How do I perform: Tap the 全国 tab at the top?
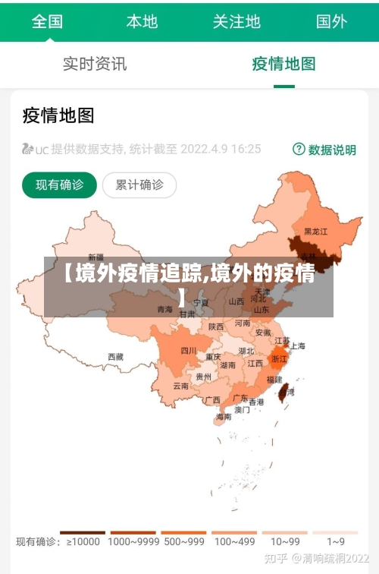47,21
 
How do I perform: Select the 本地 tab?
142,21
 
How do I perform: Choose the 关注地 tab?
236,21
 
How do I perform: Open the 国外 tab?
331,21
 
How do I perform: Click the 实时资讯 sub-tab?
95,65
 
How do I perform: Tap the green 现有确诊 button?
60,184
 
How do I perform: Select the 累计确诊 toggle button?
139,184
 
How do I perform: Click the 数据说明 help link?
324,150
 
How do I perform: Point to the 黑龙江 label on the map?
316,231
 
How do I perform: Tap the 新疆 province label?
96,257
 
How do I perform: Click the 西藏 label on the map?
115,356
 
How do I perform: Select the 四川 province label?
188,350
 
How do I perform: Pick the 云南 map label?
180,386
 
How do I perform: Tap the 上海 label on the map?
297,346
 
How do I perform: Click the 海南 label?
223,417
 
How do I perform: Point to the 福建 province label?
274,379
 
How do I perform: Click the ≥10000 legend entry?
83,541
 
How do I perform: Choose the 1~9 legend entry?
336,541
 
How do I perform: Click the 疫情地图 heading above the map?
58,115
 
